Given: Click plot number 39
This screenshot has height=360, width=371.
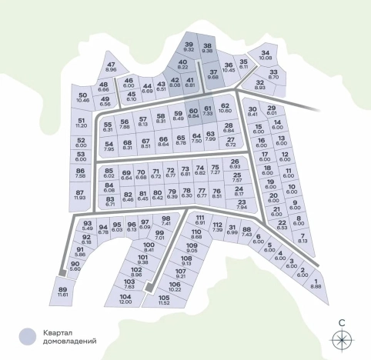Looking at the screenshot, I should point(189,47).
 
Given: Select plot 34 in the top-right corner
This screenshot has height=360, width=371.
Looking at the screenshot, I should point(266,55).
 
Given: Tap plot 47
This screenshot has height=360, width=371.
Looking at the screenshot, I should point(111,67).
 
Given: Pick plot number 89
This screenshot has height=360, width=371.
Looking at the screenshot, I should point(63,292).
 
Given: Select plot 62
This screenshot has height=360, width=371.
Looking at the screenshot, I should point(225,108).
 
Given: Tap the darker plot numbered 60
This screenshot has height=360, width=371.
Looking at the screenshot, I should point(193,115).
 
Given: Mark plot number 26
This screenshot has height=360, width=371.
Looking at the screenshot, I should point(235,164).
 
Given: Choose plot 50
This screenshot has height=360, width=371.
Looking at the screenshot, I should point(83,98).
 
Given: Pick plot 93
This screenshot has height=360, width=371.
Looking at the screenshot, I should point(88,225).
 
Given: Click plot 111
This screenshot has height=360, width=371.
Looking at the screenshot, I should point(200,221).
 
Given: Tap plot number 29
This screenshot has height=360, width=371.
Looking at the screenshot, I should point(271,111).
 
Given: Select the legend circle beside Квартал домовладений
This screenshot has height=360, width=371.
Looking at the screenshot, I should point(28,335).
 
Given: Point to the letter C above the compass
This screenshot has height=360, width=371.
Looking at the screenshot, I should point(340,322).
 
